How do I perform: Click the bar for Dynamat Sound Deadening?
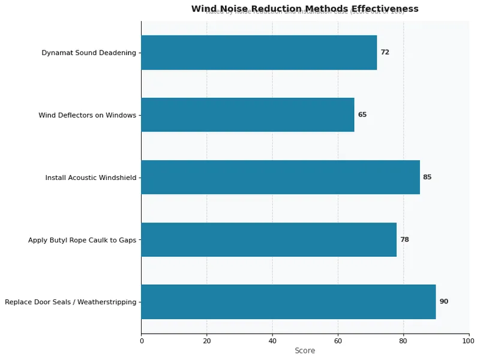point(259,52)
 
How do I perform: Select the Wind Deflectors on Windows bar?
point(248,115)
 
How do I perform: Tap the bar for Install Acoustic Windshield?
point(280,177)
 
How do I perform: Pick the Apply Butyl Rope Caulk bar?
point(269,239)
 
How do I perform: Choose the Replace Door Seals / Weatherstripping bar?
point(289,302)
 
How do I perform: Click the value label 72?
point(385,52)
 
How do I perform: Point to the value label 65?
point(362,115)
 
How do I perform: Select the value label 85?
point(427,177)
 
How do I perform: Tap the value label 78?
point(404,239)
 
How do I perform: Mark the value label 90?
point(444,302)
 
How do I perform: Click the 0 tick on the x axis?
point(142,341)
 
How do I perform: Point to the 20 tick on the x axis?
point(207,341)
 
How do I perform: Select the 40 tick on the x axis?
point(272,341)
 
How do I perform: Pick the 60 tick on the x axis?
point(338,341)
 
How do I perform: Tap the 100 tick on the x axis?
point(469,341)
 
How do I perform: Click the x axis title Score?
point(305,351)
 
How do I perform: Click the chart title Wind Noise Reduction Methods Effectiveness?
point(305,8)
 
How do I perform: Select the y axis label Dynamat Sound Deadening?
point(89,53)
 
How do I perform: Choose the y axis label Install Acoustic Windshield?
point(91,178)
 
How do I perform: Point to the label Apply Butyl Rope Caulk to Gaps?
point(82,240)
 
